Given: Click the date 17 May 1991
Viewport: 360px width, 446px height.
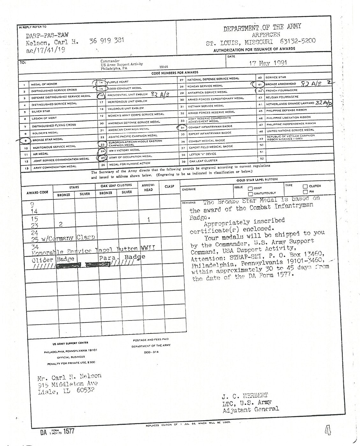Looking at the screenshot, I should (x=268, y=62).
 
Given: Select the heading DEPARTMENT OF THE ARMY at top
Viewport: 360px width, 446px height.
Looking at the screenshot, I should (x=262, y=28).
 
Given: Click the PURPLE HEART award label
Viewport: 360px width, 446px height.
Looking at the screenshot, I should (x=118, y=82).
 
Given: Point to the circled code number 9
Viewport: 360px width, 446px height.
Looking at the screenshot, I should (x=25, y=140).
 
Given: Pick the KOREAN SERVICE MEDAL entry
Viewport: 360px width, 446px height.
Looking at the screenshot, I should (x=205, y=86).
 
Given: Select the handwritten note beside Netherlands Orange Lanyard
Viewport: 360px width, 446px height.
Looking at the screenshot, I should (x=322, y=103).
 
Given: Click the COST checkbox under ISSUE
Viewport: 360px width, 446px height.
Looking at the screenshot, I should (x=250, y=188).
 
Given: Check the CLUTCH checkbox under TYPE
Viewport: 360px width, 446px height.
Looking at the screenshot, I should (x=305, y=186).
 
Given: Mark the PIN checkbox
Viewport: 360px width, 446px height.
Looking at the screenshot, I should (x=305, y=192).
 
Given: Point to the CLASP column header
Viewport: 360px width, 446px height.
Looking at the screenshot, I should (x=169, y=186).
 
